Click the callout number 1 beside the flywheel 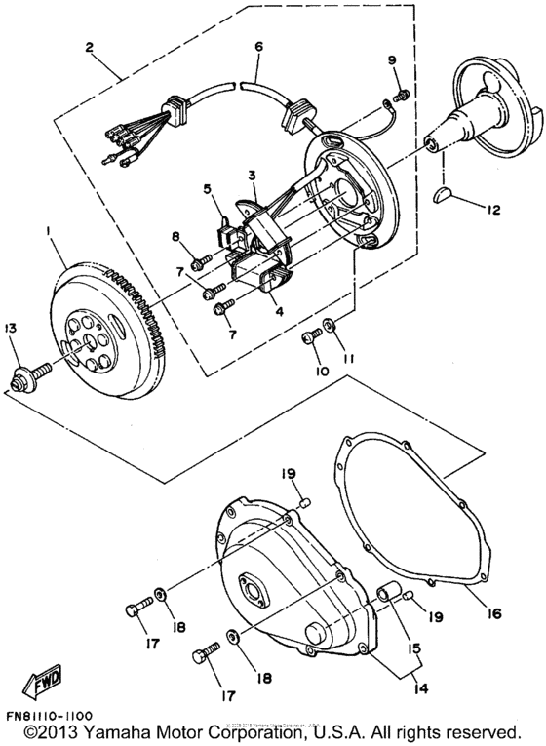coord(46,230)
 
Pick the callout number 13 coord(11,331)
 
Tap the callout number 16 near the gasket coord(494,614)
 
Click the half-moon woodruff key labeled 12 coord(444,194)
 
